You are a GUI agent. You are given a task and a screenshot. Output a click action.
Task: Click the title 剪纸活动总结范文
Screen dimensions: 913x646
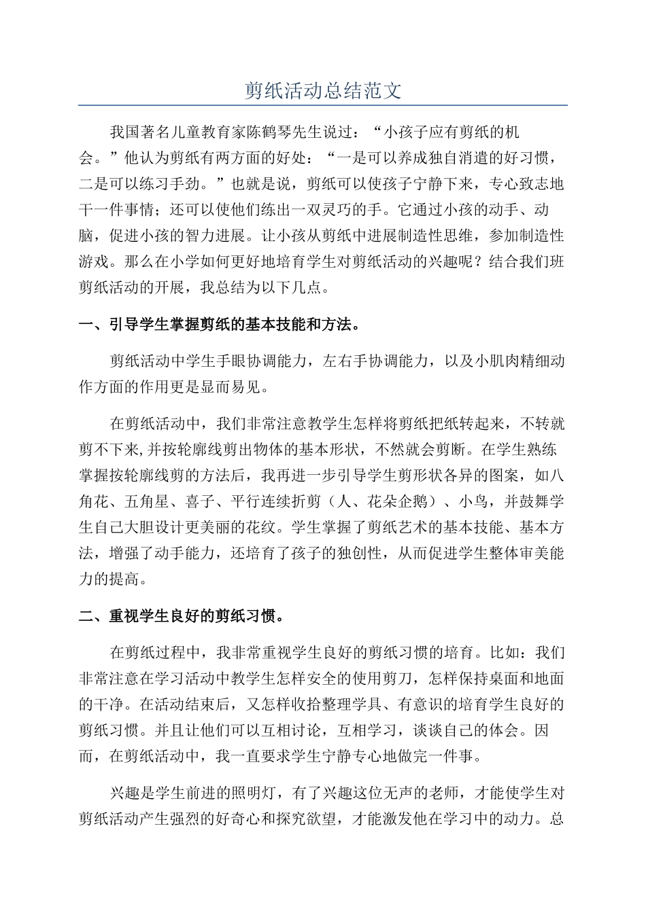click(323, 91)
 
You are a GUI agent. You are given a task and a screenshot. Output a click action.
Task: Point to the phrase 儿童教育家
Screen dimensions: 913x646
click(216, 132)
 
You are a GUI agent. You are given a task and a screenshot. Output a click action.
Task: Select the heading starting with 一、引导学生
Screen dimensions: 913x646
click(219, 325)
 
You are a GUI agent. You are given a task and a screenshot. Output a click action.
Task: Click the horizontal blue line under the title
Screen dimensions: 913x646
click(323, 106)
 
